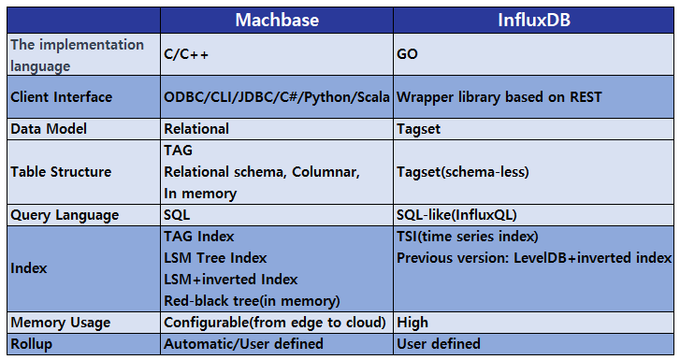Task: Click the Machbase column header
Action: pyautogui.click(x=276, y=18)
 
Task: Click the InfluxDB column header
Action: pyautogui.click(x=535, y=18)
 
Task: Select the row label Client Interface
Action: pyautogui.click(x=61, y=97)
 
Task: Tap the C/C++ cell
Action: pyautogui.click(x=186, y=54)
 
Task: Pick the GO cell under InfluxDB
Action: pyautogui.click(x=408, y=54)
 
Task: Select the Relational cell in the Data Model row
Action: pyautogui.click(x=196, y=128)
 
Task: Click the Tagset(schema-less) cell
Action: pyautogui.click(x=464, y=172)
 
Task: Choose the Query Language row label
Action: pyautogui.click(x=65, y=214)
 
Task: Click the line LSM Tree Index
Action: pyautogui.click(x=215, y=257)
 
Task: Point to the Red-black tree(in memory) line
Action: pyautogui.click(x=252, y=300)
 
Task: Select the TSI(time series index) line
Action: pyautogui.click(x=468, y=237)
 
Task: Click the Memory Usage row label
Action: pyautogui.click(x=60, y=323)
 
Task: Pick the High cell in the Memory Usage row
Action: pyautogui.click(x=412, y=323)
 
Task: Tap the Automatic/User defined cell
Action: pyautogui.click(x=243, y=343)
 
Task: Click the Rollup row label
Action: pyautogui.click(x=31, y=343)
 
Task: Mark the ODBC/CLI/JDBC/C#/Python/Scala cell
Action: pyautogui.click(x=277, y=97)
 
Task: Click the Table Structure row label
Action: pyautogui.click(x=61, y=172)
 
